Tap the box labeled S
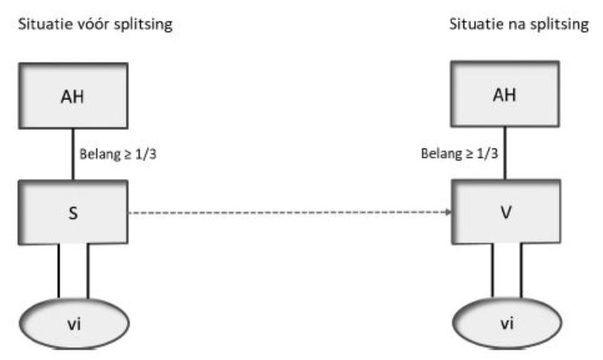pos(72,213)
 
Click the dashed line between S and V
pos(286,213)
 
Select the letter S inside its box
pos(72,214)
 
